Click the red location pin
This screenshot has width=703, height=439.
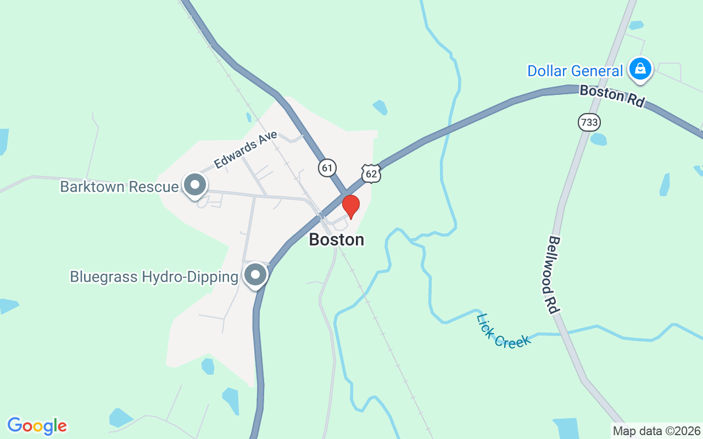pos(351,206)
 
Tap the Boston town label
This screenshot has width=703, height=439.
pos(336,240)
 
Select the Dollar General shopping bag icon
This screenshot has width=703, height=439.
pos(640,69)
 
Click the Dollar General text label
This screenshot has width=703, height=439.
pos(575,71)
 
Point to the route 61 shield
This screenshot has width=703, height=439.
pos(327,167)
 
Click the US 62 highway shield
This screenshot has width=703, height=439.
pos(371,174)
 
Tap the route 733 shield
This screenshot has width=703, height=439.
pos(589,122)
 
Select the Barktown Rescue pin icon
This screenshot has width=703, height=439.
pos(194,185)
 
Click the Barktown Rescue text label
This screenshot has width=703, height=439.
pos(119,187)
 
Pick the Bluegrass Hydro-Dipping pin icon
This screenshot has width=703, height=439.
pos(255,275)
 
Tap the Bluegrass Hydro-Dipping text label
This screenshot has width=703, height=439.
pos(154,277)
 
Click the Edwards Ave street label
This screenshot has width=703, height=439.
pos(246,150)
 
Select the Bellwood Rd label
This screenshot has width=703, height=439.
pos(554,275)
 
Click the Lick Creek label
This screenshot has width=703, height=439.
pos(504,331)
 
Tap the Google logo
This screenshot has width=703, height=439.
pos(37,426)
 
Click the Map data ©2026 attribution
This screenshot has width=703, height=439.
pos(656,431)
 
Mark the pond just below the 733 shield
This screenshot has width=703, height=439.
pos(598,139)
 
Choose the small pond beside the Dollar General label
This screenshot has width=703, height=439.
pos(636,25)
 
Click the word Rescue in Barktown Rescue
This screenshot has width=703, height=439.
pos(153,187)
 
